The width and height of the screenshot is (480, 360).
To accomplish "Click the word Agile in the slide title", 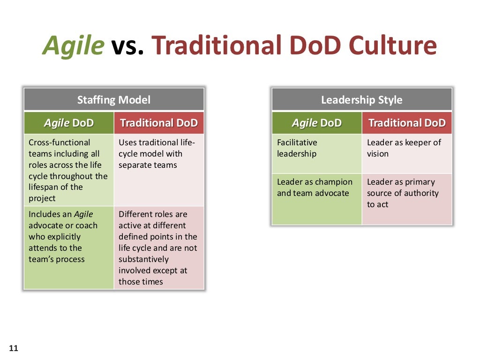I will tap(74, 46).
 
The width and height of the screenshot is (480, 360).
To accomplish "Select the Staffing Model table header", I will tap(114, 99).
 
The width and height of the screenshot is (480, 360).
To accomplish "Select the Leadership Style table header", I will tap(361, 99).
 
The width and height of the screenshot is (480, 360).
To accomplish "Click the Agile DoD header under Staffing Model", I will tap(69, 123).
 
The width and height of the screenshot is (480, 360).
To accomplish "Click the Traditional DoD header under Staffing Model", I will tap(159, 123).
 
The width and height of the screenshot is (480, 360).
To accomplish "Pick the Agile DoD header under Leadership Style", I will tap(317, 123).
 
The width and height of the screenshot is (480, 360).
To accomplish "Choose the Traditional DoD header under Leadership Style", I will tap(407, 123).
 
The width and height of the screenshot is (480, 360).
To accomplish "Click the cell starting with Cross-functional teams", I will tap(68, 170).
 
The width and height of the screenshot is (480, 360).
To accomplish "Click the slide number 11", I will tap(13, 348).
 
